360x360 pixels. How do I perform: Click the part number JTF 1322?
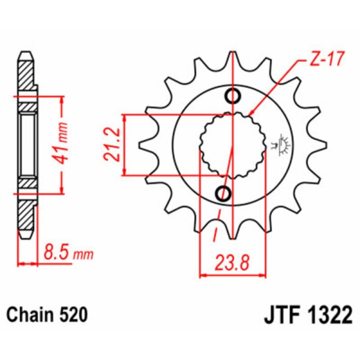[306, 315]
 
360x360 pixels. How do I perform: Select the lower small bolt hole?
[223, 193]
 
